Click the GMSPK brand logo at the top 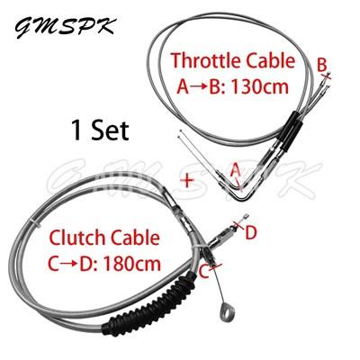pos(65,28)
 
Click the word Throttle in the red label pos(206,60)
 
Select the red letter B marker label pos(321,65)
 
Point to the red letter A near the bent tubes pos(236,171)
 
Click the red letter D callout pos(251,233)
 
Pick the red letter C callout pos(204,273)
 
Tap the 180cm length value pos(132,264)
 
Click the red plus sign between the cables pos(187,181)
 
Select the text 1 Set pos(100,130)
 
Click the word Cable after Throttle pos(271,60)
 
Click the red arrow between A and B pos(199,87)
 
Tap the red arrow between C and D pos(69,265)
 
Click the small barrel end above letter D pos(246,216)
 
